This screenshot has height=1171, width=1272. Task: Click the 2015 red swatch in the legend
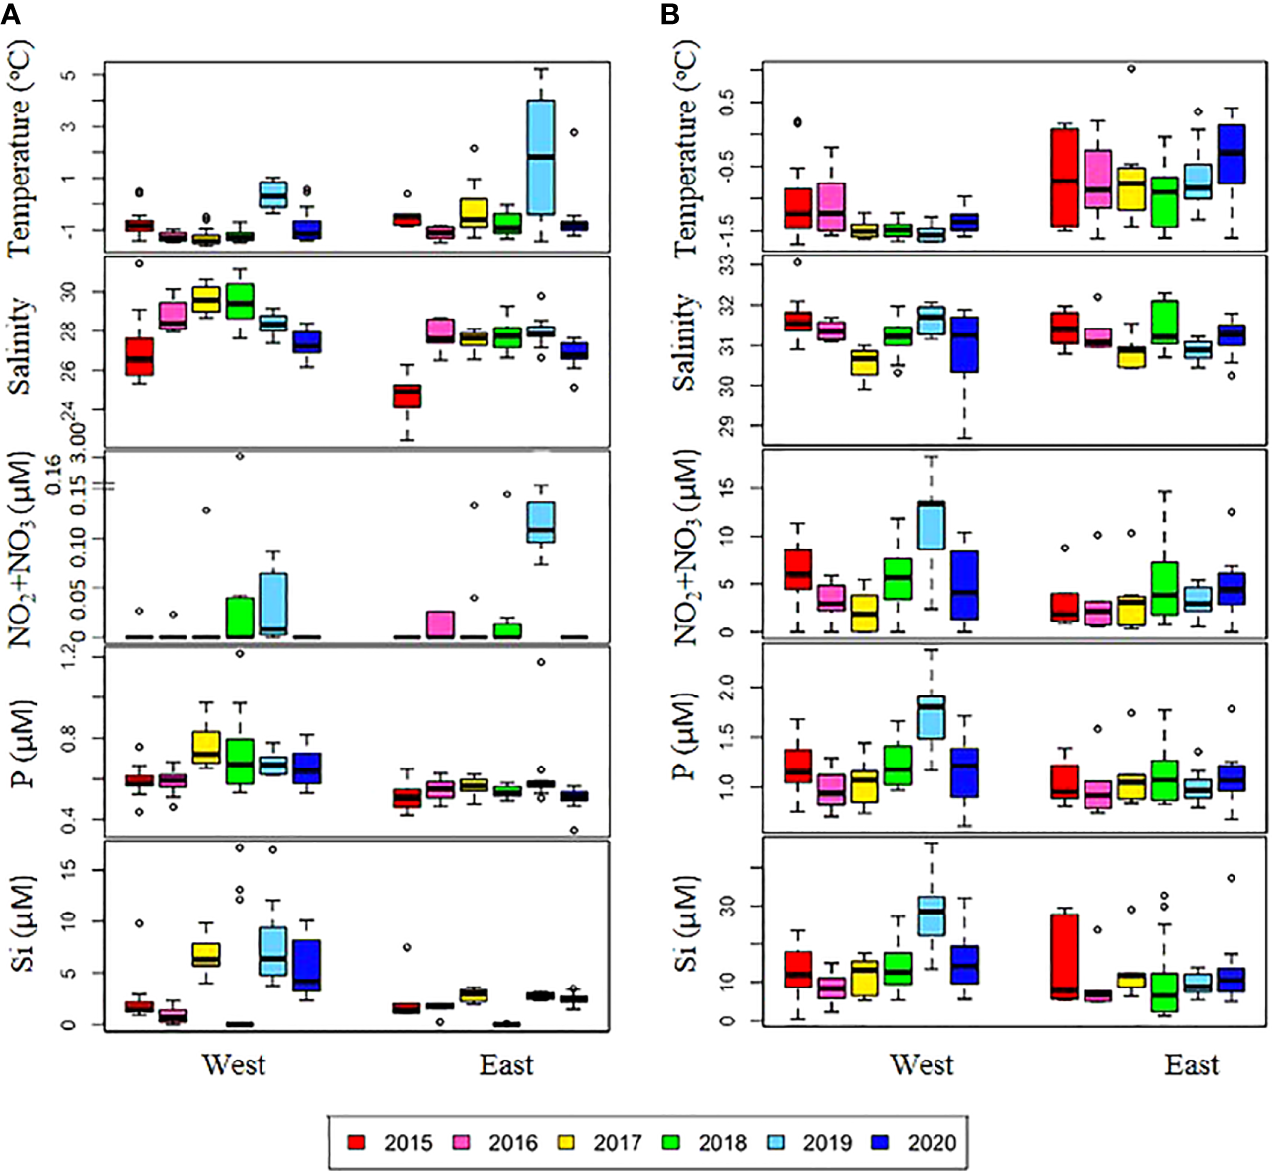point(357,1142)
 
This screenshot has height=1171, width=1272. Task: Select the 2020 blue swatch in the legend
point(881,1142)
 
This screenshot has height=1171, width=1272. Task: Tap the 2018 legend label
point(722,1142)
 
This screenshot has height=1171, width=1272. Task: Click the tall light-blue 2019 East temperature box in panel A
point(540,156)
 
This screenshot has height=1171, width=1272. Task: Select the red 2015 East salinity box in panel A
point(407,396)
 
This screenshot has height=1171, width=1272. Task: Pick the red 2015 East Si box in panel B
point(1064,956)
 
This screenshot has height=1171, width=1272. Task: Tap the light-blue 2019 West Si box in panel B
point(931,915)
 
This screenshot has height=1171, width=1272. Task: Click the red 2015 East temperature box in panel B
point(1064,177)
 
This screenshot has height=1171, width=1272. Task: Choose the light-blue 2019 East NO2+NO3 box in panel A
point(540,522)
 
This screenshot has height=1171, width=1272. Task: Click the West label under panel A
point(234,1064)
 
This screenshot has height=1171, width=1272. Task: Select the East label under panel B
point(1191,1064)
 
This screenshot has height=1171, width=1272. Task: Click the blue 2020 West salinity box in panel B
point(963,344)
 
